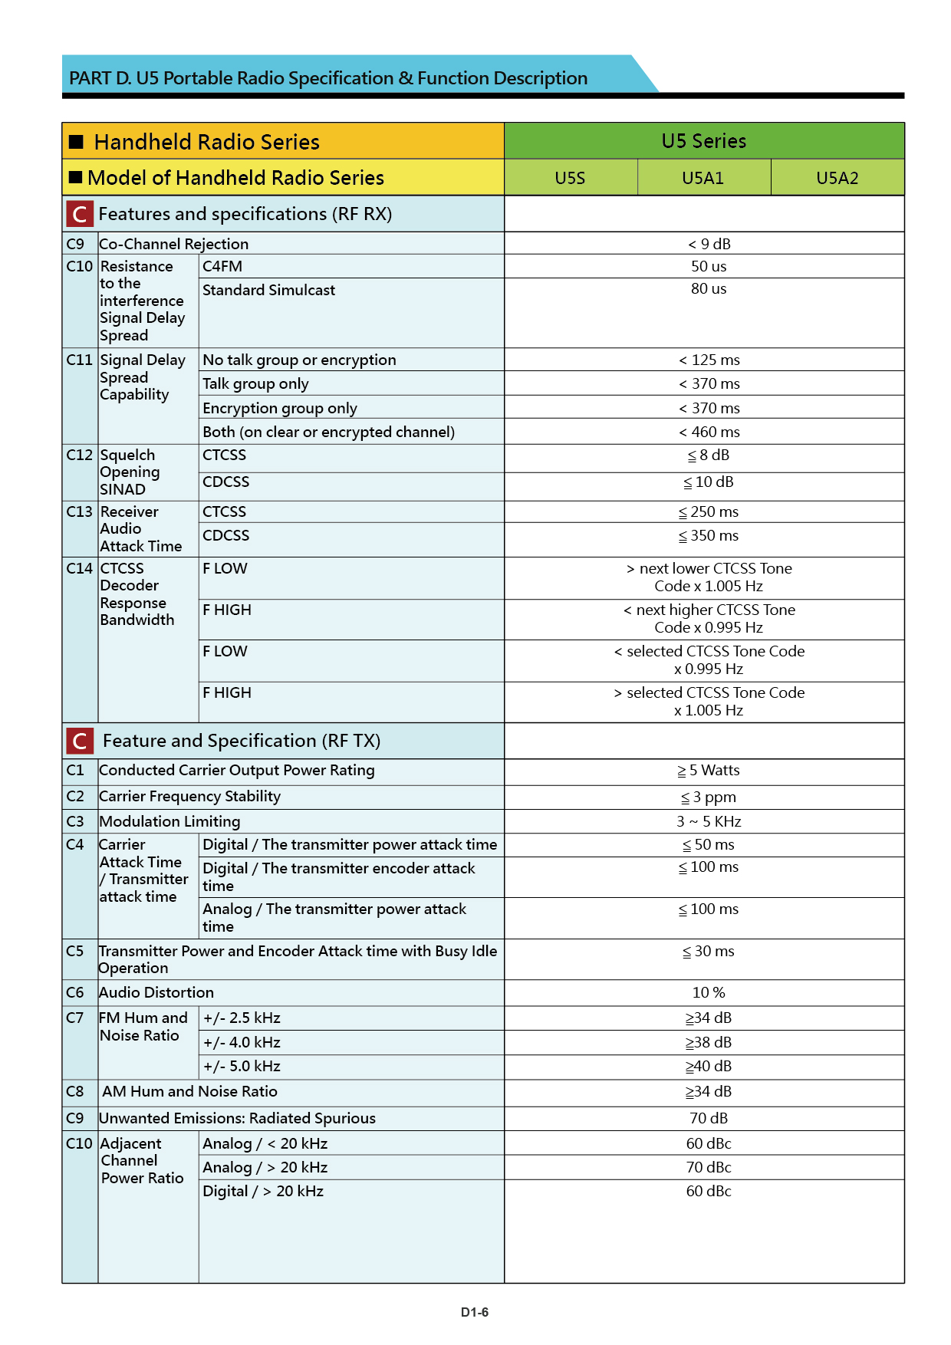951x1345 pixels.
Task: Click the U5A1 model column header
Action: (x=703, y=178)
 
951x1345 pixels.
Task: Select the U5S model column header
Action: (x=570, y=178)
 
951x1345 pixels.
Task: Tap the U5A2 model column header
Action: (x=837, y=178)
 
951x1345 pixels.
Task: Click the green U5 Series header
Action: (x=703, y=141)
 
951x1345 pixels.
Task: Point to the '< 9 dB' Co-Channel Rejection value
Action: (x=709, y=244)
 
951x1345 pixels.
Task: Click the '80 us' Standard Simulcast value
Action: (x=709, y=289)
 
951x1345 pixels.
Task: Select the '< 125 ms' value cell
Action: (x=709, y=360)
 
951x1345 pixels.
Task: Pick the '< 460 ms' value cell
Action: (x=709, y=432)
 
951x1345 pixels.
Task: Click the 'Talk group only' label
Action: (x=255, y=383)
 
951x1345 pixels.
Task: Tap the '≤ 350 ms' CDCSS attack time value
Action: (x=709, y=535)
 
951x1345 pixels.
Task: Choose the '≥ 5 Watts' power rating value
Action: (x=709, y=770)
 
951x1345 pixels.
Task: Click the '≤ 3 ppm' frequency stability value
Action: (x=709, y=797)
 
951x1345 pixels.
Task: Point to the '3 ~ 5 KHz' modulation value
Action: (x=709, y=821)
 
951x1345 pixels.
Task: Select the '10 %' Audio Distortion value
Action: (x=709, y=992)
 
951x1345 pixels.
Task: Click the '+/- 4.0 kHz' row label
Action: (x=242, y=1042)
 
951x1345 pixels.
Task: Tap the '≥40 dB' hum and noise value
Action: (x=709, y=1066)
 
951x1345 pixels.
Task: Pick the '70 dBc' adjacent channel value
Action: (x=709, y=1167)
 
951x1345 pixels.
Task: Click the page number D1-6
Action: (x=475, y=1312)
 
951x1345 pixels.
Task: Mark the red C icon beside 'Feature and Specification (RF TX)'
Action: (x=80, y=741)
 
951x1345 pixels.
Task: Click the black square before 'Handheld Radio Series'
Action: (x=76, y=142)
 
